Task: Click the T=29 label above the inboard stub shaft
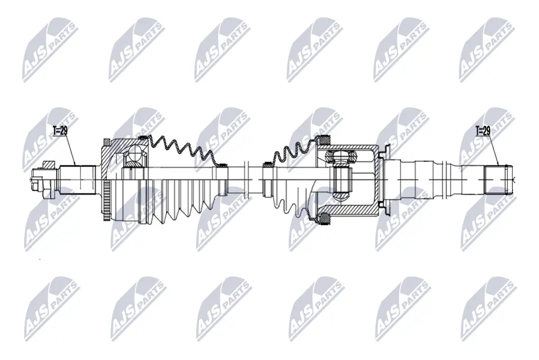point(482,130)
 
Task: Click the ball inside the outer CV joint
point(135,154)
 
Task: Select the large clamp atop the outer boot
point(143,138)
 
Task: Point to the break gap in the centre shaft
point(255,179)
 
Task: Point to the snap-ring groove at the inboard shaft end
point(508,179)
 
